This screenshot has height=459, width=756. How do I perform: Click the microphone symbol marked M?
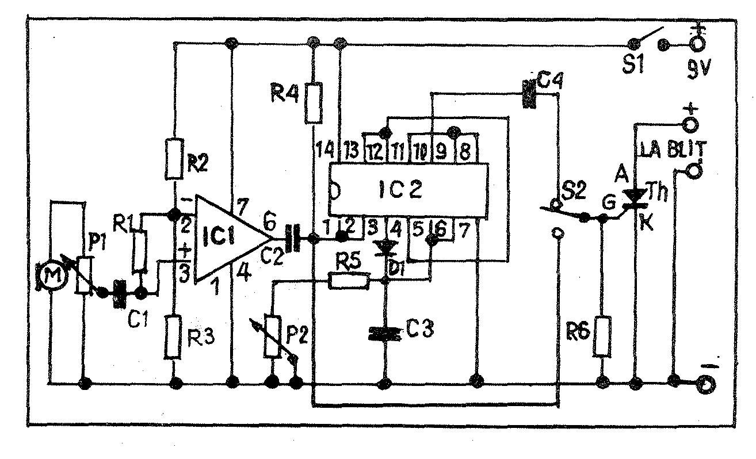(x=53, y=276)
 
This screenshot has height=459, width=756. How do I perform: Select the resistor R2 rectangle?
(x=174, y=159)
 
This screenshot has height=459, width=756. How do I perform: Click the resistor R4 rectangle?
(x=314, y=103)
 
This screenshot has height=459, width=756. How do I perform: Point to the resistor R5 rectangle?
(x=348, y=281)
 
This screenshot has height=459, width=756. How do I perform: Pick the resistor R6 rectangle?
(x=602, y=336)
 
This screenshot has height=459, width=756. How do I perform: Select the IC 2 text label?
(x=400, y=190)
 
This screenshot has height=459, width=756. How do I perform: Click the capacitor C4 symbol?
(x=529, y=94)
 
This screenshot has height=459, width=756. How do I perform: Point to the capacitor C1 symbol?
(x=119, y=293)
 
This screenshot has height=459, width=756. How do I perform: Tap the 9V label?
(x=698, y=70)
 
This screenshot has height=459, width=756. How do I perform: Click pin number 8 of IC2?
(x=465, y=151)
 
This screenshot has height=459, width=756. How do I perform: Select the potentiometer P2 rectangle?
(x=272, y=336)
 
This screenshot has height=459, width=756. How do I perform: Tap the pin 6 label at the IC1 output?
(x=269, y=223)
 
